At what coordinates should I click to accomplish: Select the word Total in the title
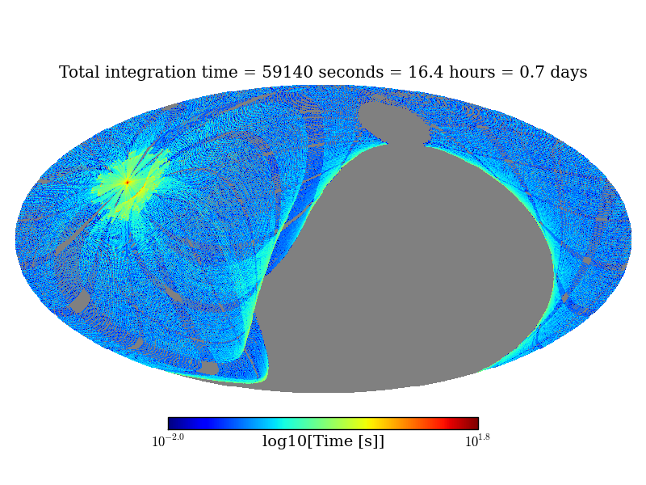81,73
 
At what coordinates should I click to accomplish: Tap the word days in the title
568,73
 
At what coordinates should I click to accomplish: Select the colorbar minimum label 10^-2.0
168,441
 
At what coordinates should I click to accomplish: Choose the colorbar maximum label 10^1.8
478,441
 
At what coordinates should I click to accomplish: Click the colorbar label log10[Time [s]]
323,441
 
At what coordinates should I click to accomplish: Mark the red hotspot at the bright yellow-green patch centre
127,183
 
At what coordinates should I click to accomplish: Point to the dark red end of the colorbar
474,424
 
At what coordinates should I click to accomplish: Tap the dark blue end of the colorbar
172,424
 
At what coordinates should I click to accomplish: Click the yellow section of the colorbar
366,424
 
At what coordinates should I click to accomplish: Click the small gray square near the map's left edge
80,302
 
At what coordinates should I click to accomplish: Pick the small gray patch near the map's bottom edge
208,368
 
